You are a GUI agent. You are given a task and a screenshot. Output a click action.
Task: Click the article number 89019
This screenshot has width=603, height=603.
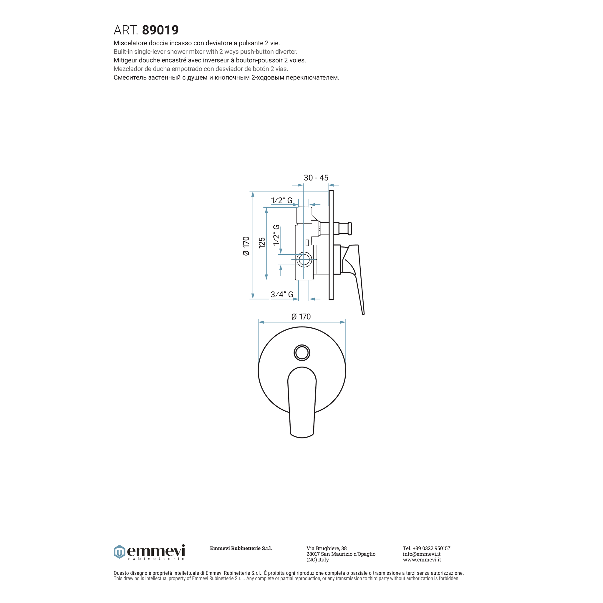click(160, 30)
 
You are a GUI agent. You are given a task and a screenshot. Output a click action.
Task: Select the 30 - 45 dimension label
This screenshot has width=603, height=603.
click(316, 178)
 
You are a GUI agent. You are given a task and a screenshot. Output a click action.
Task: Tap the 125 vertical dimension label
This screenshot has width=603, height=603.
click(262, 243)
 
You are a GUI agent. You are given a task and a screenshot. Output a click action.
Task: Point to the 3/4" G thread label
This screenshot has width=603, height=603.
click(282, 294)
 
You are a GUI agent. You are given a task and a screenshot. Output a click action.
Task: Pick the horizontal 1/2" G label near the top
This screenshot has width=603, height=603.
click(281, 201)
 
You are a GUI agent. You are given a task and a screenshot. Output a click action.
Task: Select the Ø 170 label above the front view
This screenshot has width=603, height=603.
click(301, 317)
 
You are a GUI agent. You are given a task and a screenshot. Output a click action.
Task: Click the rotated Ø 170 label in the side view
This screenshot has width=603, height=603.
click(246, 246)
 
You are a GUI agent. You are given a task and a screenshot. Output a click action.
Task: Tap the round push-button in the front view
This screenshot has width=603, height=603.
click(302, 353)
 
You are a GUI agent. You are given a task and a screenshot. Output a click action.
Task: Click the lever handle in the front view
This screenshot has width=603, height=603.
click(302, 402)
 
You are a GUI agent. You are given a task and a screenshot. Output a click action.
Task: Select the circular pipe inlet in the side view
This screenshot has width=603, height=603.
click(303, 259)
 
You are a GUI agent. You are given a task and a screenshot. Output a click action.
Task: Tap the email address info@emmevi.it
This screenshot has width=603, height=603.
click(421, 554)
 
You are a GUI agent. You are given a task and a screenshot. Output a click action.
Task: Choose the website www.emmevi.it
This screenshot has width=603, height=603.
click(422, 560)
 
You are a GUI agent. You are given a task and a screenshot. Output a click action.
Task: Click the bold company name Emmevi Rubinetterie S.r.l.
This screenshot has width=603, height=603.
click(241, 548)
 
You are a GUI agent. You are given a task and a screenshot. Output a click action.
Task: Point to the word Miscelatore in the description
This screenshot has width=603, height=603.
click(127, 43)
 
